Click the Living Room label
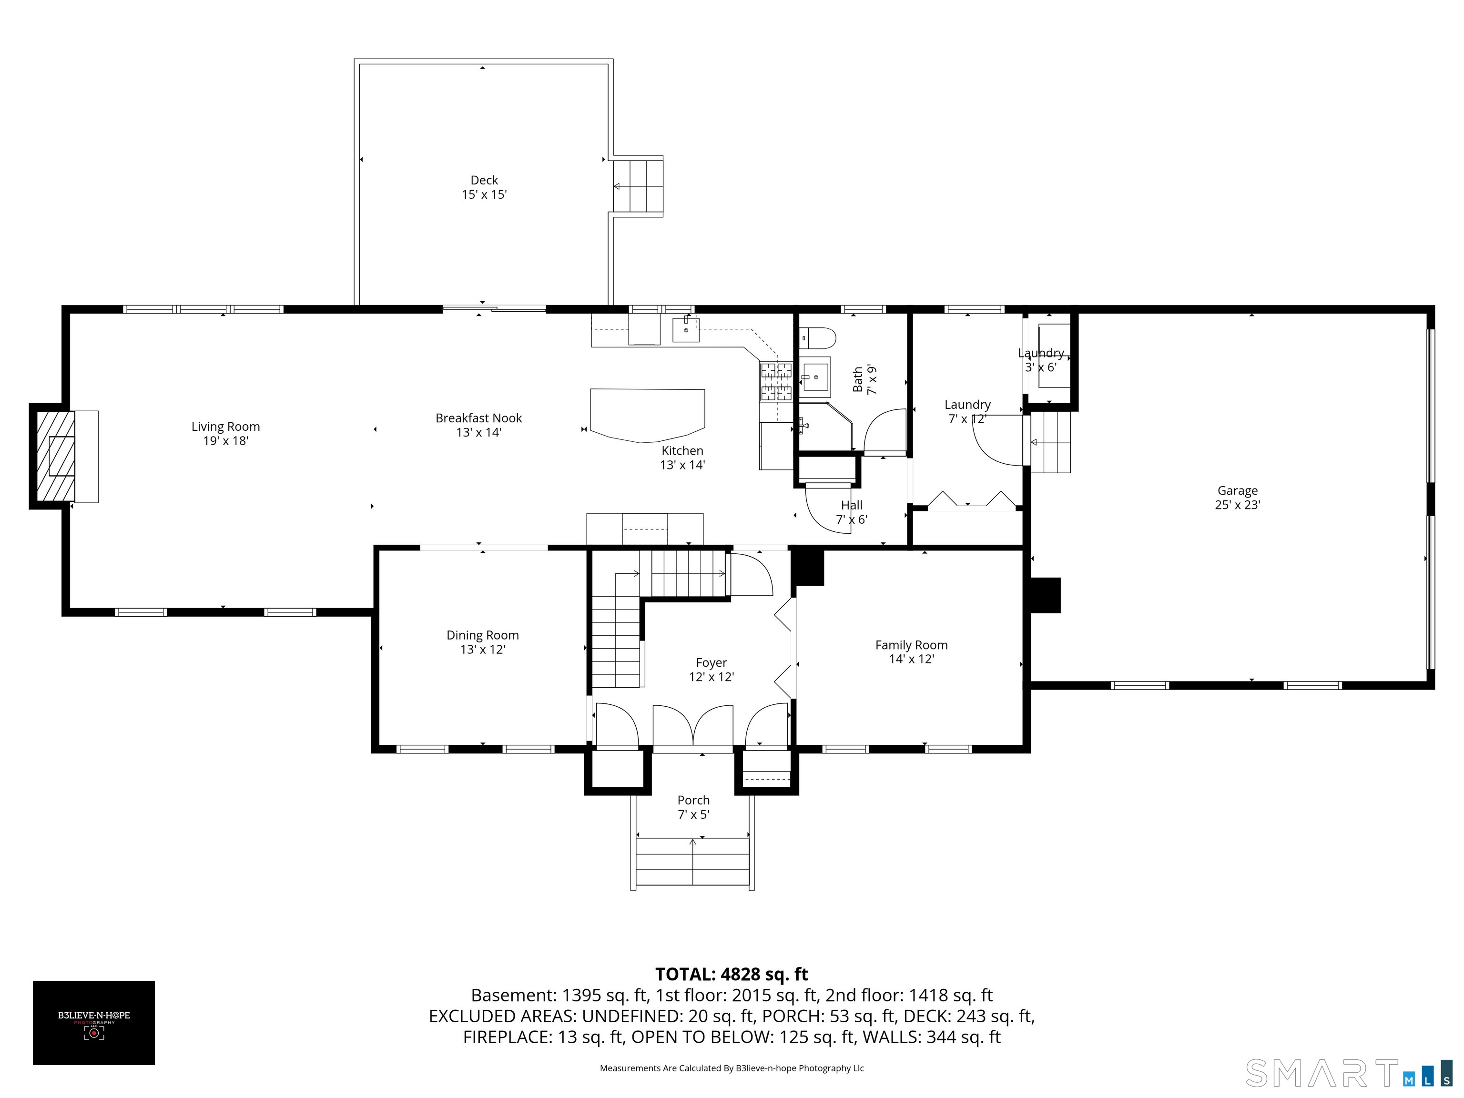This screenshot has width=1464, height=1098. pos(226,434)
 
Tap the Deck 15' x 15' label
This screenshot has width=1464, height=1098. pos(485,187)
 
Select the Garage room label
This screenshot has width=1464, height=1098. pos(1238,498)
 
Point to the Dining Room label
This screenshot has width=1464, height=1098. pos(482,642)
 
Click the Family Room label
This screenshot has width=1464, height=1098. pos(911,652)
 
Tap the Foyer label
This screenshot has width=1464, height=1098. pos(712,670)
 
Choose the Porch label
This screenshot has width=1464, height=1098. pos(693,807)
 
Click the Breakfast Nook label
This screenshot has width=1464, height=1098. pos(478,425)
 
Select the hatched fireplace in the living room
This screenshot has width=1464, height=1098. pos(55,457)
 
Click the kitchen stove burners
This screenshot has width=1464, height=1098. pos(776,381)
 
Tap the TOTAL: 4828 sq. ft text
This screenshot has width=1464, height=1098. pos(732,974)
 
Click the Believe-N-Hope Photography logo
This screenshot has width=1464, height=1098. pos(94,1023)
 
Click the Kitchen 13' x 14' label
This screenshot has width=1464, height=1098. pos(682,457)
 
